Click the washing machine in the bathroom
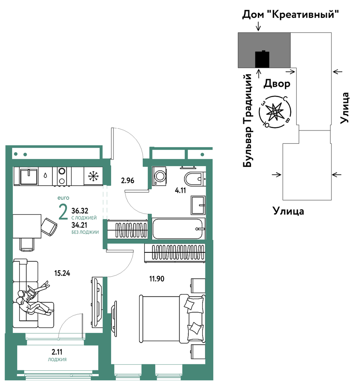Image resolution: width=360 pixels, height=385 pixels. tap(159, 176)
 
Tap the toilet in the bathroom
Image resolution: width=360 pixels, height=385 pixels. tap(194, 179)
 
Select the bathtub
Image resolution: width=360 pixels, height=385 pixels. tap(178, 229)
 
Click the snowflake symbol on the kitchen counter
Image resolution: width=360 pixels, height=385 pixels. tap(93, 176)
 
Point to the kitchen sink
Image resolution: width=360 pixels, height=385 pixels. tap(29, 176)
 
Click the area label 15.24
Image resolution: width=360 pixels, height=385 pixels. tap(62, 273)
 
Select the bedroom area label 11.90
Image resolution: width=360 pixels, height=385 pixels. tap(157, 279)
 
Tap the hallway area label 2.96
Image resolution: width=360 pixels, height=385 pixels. tap(127, 180)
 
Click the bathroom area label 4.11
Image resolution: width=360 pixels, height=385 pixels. tap(181, 190)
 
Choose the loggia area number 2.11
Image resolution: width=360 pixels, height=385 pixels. tap(57, 352)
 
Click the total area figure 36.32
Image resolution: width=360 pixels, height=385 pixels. tap(80, 211)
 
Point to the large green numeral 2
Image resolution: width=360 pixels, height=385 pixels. tap(63, 212)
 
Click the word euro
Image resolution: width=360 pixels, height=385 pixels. tap(63, 197)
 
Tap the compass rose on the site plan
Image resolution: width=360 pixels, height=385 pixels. tap(275, 112)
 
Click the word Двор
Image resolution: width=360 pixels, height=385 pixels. tap(277, 84)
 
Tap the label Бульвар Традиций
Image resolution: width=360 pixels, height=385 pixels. tap(247, 120)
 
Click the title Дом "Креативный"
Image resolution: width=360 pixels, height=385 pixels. tap(290, 15)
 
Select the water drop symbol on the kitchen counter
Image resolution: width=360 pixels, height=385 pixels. tap(45, 175)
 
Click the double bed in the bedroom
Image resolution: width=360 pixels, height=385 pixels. tap(172, 318)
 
